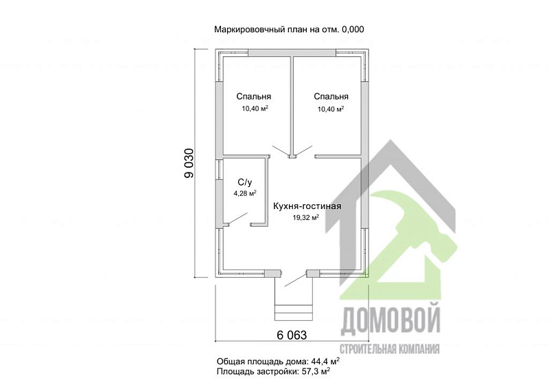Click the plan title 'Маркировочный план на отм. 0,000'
(289, 29)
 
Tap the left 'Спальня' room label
(254, 97)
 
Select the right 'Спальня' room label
(331, 97)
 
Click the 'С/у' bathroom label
(245, 182)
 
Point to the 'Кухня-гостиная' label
(307, 206)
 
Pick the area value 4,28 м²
(245, 194)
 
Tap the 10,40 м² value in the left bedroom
(254, 109)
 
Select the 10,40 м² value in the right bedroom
(331, 109)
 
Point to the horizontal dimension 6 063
(292, 335)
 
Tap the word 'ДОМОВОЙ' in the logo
(390, 320)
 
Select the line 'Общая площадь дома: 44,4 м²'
(279, 361)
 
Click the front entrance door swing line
(293, 278)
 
